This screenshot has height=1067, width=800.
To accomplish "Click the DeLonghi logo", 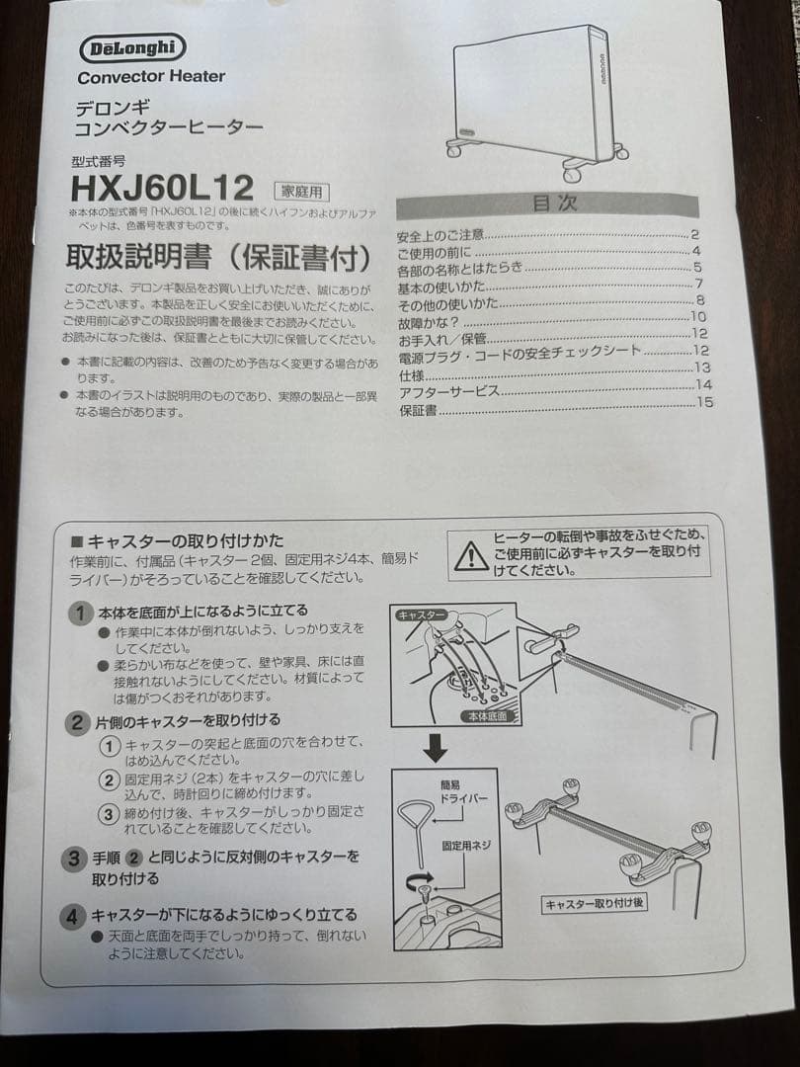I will [131, 47].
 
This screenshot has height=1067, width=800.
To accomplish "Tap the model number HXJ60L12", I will [162, 187].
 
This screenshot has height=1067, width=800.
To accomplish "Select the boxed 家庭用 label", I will [302, 192].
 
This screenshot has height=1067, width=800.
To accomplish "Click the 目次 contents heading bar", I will [546, 205].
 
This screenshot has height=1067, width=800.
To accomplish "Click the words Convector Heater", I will [151, 76].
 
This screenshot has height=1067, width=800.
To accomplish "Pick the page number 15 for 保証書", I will [703, 401].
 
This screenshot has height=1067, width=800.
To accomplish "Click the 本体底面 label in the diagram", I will [485, 714].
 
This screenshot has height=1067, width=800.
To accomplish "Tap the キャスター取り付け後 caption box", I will [596, 902].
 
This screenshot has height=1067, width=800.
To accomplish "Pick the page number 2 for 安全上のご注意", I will [695, 234].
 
